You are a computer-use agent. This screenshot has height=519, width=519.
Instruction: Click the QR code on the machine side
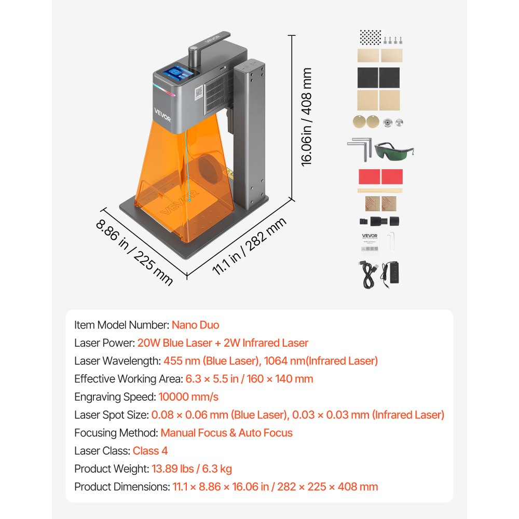coord(197,92)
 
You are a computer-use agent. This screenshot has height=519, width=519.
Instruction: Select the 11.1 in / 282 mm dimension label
coord(250,249)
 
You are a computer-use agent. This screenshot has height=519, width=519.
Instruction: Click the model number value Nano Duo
coord(196,325)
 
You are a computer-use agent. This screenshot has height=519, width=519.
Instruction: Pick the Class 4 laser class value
coord(150,450)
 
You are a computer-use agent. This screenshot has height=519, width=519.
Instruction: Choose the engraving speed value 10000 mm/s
coord(188,397)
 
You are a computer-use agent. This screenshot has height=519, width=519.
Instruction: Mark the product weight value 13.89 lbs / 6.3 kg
coord(192,469)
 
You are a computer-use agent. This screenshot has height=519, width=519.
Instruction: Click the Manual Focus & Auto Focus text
coord(226,432)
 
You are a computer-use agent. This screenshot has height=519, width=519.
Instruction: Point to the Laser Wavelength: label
coord(117,361)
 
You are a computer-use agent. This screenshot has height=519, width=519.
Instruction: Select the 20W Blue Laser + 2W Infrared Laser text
coord(223,343)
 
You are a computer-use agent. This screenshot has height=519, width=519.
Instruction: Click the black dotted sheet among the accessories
coord(370,37)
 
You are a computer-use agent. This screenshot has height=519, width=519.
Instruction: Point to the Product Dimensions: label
coord(122,487)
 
